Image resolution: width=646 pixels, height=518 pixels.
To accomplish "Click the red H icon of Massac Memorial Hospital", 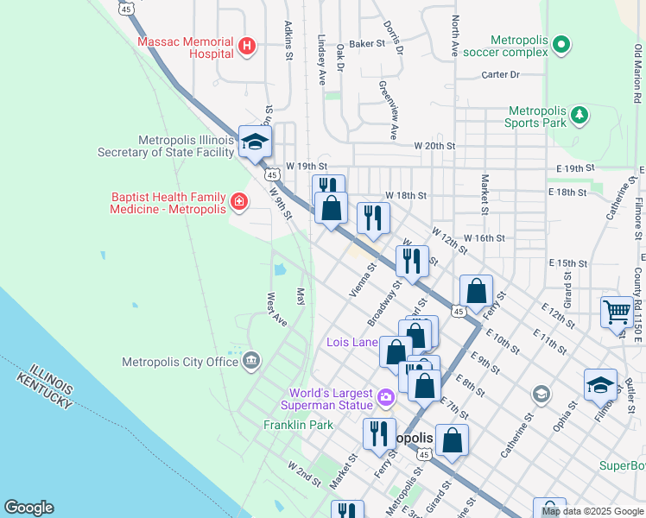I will [x=247, y=46].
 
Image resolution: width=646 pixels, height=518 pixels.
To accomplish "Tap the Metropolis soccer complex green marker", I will [x=561, y=43].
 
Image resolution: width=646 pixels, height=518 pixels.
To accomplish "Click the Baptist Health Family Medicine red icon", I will [x=238, y=203].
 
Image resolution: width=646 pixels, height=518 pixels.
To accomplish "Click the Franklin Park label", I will [x=298, y=425].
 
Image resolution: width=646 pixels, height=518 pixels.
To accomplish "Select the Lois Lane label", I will [x=352, y=342].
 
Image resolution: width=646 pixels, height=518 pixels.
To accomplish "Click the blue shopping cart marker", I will [x=617, y=313].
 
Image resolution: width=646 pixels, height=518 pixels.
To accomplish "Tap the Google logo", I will [x=28, y=508].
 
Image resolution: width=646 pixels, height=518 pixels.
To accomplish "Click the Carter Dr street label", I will [x=500, y=75].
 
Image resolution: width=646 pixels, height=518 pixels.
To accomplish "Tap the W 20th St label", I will [x=434, y=146].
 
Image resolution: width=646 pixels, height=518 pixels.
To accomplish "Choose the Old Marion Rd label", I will [x=637, y=69].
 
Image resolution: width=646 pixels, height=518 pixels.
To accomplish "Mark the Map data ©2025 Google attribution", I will [x=592, y=511].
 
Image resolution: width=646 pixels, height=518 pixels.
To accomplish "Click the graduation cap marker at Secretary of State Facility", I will [x=256, y=143].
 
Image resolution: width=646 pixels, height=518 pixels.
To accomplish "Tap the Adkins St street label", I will [x=289, y=35].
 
